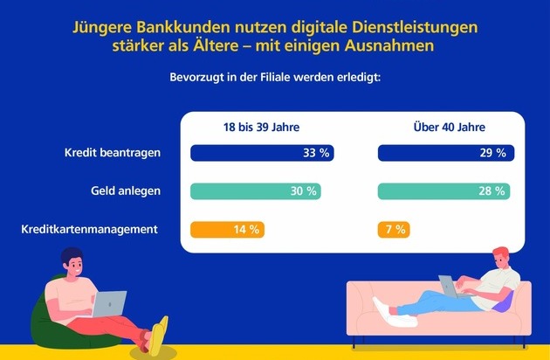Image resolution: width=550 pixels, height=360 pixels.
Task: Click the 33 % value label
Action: coord(315,154)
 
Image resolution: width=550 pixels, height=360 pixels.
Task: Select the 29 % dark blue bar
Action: coord(445,154)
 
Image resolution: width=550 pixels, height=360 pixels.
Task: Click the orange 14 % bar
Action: coord(227,230)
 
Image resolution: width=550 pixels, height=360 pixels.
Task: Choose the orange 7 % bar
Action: coord(394,230)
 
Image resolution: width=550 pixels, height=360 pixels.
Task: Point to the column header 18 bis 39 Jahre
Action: coord(262,127)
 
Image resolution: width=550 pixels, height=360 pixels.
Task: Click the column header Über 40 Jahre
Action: coord(449,127)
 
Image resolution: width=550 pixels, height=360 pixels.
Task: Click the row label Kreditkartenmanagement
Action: coord(89,229)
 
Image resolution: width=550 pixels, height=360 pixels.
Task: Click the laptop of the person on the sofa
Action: coord(449,285)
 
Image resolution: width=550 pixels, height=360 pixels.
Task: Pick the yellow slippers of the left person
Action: coord(158,334)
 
